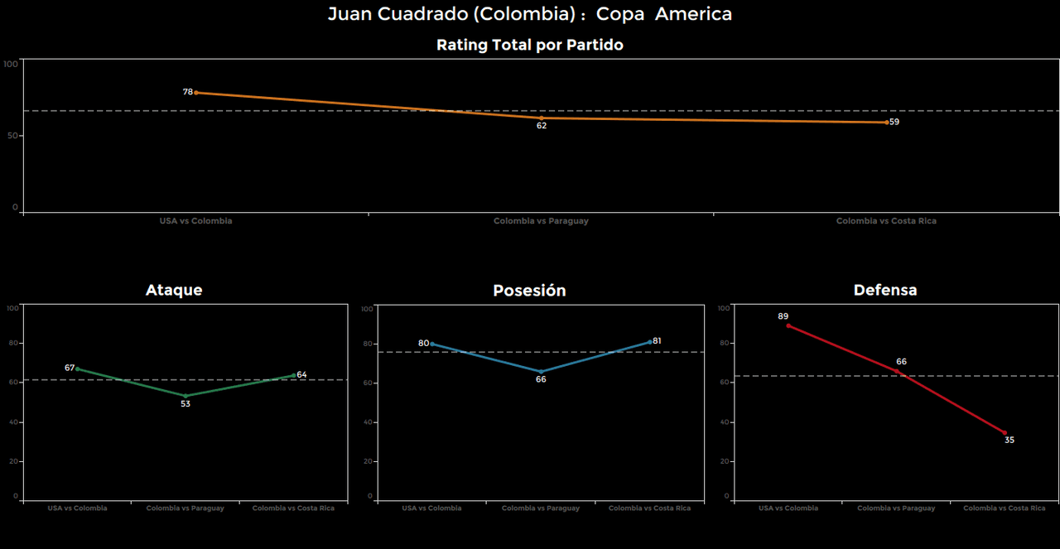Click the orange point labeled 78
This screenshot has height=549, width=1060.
click(195, 93)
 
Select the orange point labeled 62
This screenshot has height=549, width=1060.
click(542, 118)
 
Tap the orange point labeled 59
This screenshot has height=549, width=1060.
click(887, 122)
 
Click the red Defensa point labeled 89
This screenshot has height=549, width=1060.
click(788, 325)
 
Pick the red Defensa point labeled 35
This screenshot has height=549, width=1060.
click(1005, 432)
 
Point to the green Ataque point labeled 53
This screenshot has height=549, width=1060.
click(185, 396)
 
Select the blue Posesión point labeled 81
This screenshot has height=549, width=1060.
click(651, 341)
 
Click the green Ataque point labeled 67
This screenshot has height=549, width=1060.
click(77, 368)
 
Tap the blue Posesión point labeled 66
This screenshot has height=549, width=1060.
click(542, 372)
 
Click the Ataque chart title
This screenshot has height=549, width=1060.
click(174, 290)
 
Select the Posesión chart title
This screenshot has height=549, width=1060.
click(529, 291)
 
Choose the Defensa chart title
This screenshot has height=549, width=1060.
click(885, 290)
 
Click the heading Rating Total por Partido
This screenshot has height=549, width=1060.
click(530, 46)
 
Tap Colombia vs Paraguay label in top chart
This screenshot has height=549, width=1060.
click(541, 221)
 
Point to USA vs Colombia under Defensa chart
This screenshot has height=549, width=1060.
click(788, 508)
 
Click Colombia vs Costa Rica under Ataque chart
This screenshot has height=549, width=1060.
click(293, 508)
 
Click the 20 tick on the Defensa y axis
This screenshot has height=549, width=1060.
click(725, 461)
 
